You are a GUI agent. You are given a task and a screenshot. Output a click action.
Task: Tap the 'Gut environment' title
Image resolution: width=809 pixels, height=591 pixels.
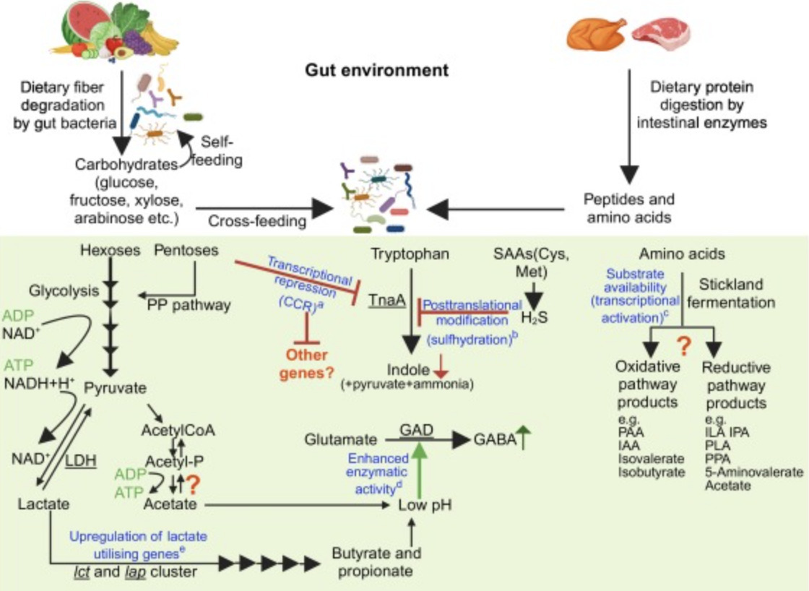(376, 70)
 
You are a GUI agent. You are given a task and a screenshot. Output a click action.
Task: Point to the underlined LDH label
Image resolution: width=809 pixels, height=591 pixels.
(81, 460)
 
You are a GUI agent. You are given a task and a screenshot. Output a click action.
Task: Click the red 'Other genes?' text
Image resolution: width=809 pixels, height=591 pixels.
(307, 363)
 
